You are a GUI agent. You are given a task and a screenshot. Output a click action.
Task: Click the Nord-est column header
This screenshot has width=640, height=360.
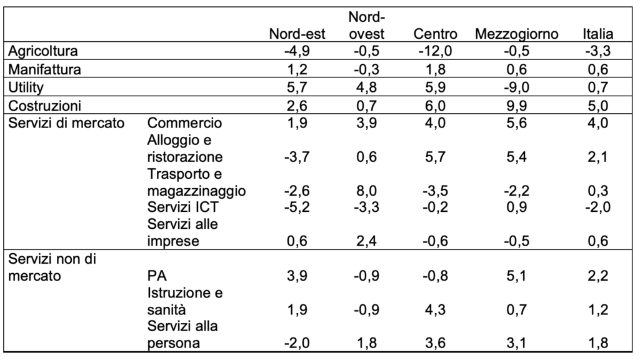coord(297,34)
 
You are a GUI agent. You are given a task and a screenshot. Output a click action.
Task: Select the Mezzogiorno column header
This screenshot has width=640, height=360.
coord(516,34)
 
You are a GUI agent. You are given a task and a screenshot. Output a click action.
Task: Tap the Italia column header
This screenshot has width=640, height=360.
coord(598,34)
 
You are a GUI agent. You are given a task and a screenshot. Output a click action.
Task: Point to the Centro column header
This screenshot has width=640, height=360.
coord(435,34)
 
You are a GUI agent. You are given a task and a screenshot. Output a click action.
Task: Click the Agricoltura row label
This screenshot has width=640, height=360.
coord(43,51)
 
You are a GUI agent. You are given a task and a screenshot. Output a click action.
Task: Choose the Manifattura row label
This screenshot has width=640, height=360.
coord(44,69)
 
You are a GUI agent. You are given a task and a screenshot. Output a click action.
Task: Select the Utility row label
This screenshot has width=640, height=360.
coord(26,87)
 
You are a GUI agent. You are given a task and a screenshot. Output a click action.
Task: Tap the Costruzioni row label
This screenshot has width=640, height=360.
coord(44,106)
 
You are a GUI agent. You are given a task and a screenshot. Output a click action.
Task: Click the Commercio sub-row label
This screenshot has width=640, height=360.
coord(184,123)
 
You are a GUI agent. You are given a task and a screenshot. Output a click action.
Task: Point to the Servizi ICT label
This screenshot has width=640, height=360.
coord(183,207)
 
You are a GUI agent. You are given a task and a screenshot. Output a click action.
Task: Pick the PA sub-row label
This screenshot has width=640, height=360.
coord(157,276)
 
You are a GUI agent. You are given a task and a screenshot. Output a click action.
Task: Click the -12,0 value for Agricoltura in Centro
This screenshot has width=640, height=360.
coord(435,51)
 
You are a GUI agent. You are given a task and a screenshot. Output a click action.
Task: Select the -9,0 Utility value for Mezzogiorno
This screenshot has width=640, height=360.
coord(516,87)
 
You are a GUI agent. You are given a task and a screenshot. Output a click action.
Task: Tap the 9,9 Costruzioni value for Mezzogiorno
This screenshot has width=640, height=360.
coord(516,106)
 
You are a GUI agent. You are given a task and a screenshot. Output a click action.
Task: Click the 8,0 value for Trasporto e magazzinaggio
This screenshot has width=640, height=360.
coord(366,191)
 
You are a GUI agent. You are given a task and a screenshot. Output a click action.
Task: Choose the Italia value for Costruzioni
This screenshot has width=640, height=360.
coord(598,106)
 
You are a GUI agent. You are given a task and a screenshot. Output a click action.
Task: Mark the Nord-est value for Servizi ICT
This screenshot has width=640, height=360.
coord(297,207)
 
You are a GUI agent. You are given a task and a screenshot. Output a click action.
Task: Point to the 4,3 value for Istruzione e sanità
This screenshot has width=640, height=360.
coord(435,310)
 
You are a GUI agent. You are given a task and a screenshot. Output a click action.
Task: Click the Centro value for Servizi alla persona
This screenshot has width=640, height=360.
coord(435,343)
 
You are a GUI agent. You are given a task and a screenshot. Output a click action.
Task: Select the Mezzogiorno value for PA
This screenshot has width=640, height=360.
coord(516,276)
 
